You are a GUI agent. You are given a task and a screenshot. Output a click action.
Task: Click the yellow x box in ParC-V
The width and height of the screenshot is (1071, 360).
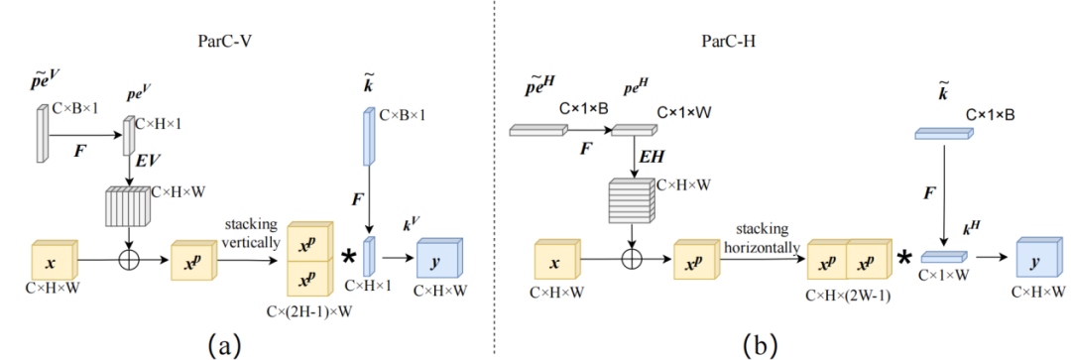pyautogui.click(x=52, y=262)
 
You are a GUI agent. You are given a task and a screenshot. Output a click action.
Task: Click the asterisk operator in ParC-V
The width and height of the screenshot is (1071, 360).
pyautogui.click(x=349, y=260)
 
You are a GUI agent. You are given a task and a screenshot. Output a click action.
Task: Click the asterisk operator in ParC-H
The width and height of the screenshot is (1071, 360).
pyautogui.click(x=905, y=261)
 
